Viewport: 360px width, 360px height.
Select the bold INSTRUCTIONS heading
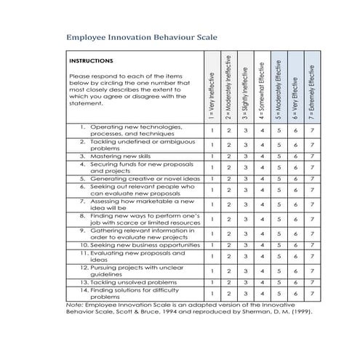pos(91,61)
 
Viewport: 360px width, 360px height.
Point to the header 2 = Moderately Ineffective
pos(228,86)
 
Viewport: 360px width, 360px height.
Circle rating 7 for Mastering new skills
pos(312,156)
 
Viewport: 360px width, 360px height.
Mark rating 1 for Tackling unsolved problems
pos(212,282)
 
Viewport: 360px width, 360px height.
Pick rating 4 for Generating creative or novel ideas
pos(262,178)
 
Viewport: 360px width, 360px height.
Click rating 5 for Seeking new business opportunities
pos(279,245)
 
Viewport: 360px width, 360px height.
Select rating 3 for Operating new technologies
pos(245,130)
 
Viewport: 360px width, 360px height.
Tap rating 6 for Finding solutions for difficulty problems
pos(295,293)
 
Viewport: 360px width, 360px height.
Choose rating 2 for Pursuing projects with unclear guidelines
pos(228,271)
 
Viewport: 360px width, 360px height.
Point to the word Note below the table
pos(73,305)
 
